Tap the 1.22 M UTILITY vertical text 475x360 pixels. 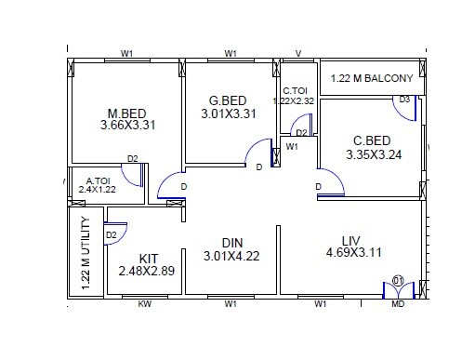86,254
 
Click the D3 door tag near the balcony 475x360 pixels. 404,100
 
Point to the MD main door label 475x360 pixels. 398,304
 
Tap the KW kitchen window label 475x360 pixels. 144,304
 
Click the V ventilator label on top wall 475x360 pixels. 297,53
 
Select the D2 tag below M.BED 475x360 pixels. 132,159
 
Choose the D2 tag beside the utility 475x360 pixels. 111,235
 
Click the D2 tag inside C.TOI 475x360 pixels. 301,133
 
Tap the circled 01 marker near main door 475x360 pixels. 398,279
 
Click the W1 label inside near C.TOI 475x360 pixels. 292,147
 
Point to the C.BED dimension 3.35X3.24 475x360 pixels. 374,154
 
